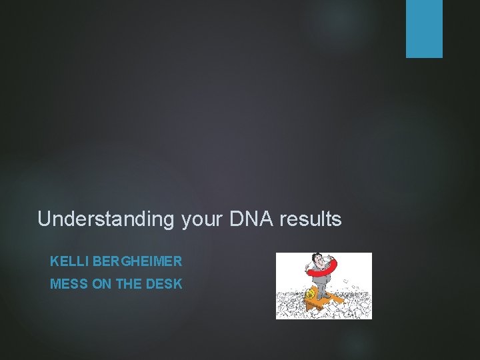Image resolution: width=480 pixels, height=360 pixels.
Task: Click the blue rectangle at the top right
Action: [424, 29]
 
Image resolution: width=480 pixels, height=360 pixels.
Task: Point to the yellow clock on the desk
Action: [311, 294]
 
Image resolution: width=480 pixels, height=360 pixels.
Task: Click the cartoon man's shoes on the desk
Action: [322, 298]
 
